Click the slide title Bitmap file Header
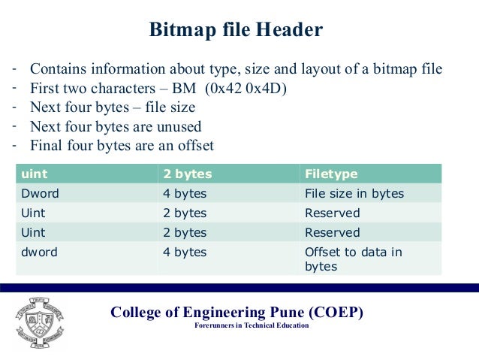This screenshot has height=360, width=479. pyautogui.click(x=236, y=30)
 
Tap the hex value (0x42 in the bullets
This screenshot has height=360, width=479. pyautogui.click(x=224, y=89)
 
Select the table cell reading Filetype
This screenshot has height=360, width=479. pyautogui.click(x=331, y=174)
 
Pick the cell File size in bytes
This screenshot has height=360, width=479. pyautogui.click(x=354, y=194)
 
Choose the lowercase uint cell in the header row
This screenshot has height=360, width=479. pyautogui.click(x=34, y=174)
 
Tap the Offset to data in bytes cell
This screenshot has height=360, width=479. pyautogui.click(x=353, y=259)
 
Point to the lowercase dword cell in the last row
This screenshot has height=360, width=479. pyautogui.click(x=38, y=253)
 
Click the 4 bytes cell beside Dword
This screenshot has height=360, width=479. pyautogui.click(x=184, y=194)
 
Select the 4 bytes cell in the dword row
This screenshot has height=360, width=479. pyautogui.click(x=184, y=253)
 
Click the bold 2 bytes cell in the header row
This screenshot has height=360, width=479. pyautogui.click(x=187, y=174)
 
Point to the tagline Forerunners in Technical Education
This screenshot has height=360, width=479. pyautogui.click(x=251, y=326)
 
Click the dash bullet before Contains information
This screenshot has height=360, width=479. pyautogui.click(x=14, y=69)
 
